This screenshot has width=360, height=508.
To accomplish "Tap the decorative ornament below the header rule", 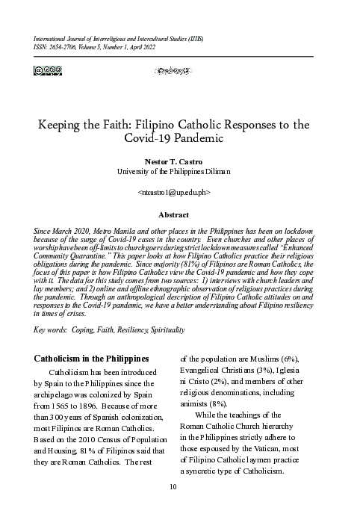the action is click(179, 72).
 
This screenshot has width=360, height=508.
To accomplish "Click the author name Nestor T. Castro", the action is click(179, 161).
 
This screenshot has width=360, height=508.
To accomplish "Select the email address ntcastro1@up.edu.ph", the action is click(179, 192).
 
